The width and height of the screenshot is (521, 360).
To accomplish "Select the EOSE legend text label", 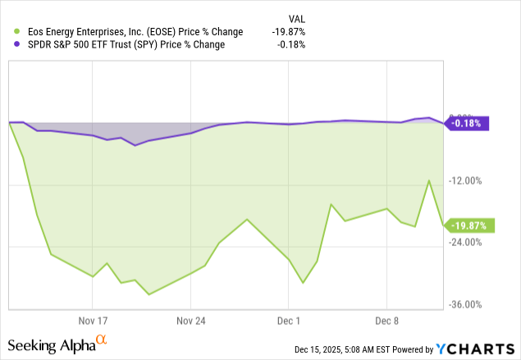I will (130, 32).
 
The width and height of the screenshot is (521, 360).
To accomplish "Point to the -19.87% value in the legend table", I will (288, 32).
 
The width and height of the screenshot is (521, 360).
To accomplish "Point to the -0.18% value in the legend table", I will (291, 44).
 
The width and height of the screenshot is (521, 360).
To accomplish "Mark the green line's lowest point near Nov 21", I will (149, 294).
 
